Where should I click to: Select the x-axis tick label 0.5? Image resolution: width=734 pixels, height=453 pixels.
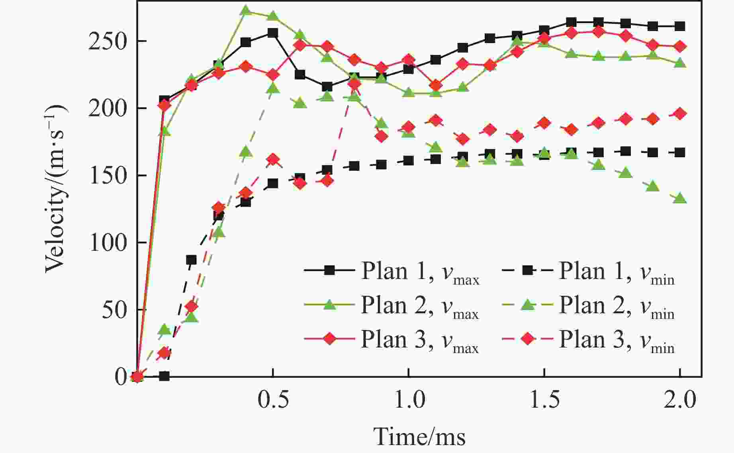273,400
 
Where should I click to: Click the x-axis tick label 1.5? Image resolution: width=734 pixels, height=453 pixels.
544,400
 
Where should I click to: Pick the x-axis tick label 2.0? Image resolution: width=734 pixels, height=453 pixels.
680,400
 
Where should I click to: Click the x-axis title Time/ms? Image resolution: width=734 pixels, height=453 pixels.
419,437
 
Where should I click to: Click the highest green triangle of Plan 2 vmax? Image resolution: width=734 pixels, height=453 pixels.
246,10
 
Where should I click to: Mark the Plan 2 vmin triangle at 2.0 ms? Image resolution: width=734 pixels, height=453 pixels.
680,198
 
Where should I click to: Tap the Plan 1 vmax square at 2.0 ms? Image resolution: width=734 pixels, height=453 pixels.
680,26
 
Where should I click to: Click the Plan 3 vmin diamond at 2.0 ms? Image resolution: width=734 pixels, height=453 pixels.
680,114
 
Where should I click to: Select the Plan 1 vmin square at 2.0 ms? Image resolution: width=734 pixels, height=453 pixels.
680,152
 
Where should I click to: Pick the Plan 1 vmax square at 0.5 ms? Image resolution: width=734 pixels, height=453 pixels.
273,33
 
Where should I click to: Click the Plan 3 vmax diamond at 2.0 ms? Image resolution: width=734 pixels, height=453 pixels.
680,47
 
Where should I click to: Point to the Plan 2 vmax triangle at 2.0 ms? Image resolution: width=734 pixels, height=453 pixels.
680,63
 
